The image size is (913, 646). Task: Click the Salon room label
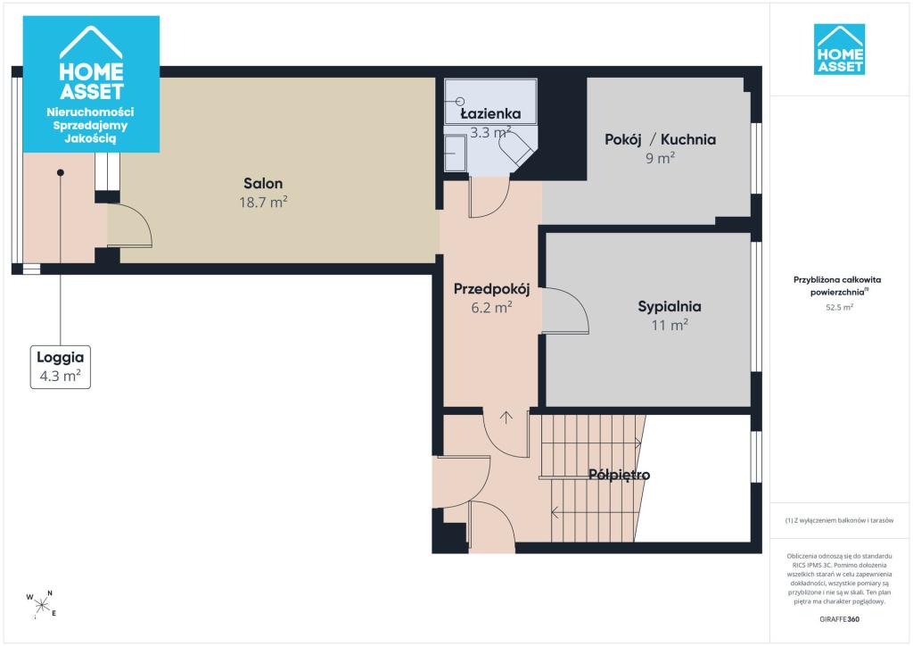tap(263, 184)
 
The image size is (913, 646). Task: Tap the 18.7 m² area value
tap(263, 203)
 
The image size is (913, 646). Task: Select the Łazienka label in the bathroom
tap(490, 113)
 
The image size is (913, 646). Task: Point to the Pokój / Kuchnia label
tap(661, 140)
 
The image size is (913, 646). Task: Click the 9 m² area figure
tap(661, 158)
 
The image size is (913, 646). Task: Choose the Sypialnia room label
tap(670, 307)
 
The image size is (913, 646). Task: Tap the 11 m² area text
tap(670, 325)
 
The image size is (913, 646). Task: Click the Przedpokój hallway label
tap(491, 289)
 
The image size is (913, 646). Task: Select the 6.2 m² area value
tap(491, 307)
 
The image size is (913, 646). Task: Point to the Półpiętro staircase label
tap(619, 475)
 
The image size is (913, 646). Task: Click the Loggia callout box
tap(61, 367)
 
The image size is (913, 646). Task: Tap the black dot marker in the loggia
tap(61, 172)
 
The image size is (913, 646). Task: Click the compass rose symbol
tap(41, 605)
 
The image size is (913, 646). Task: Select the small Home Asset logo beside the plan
tap(839, 49)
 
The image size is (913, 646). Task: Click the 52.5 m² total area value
tap(839, 308)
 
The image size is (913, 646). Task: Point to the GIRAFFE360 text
tap(839, 619)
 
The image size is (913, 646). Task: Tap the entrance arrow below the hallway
tap(506, 417)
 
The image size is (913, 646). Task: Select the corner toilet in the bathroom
tap(518, 148)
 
